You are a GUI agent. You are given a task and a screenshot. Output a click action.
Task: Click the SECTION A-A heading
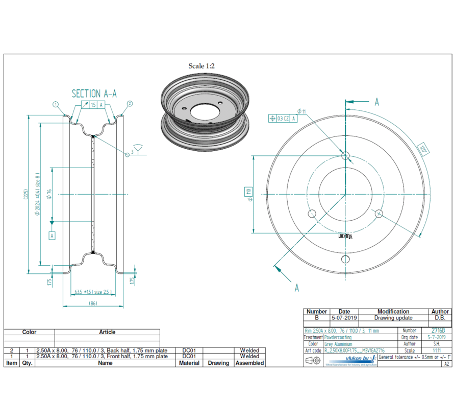pyautogui.click(x=94, y=94)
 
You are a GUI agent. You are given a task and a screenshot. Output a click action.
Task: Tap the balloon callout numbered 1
pyautogui.click(x=56, y=104)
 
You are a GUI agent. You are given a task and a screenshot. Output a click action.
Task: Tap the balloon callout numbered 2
pyautogui.click(x=130, y=104)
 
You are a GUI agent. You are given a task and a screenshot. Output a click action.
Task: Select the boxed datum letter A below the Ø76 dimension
pyautogui.click(x=52, y=236)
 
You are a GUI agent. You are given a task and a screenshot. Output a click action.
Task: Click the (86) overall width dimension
pyautogui.click(x=93, y=304)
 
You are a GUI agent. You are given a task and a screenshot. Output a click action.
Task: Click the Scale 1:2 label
pyautogui.click(x=201, y=66)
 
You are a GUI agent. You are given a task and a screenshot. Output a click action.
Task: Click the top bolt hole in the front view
pyautogui.click(x=345, y=155)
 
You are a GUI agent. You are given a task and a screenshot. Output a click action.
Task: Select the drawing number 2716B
pyautogui.click(x=438, y=331)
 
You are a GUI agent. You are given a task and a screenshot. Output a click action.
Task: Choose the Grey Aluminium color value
pyautogui.click(x=338, y=344)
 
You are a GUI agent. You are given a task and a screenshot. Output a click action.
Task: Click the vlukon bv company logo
pyautogui.click(x=360, y=360)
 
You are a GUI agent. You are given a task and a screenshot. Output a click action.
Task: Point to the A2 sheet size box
pyautogui.click(x=446, y=364)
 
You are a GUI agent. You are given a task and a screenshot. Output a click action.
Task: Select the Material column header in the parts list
pyautogui.click(x=189, y=363)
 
